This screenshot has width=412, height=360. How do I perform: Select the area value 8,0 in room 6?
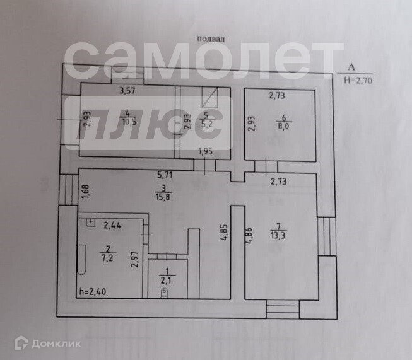pos(281,125)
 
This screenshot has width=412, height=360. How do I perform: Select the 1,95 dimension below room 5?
pos(204,151)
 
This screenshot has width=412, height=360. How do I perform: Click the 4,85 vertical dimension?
pos(224,235)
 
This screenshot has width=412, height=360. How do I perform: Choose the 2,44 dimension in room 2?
pos(112,224)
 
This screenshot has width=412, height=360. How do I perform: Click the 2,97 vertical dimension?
pos(134,260)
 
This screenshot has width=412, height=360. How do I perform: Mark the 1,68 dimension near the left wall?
pos(84,189)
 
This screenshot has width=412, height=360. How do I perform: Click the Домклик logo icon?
pos(21,342)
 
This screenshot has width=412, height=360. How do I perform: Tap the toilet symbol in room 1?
pos(165,293)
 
